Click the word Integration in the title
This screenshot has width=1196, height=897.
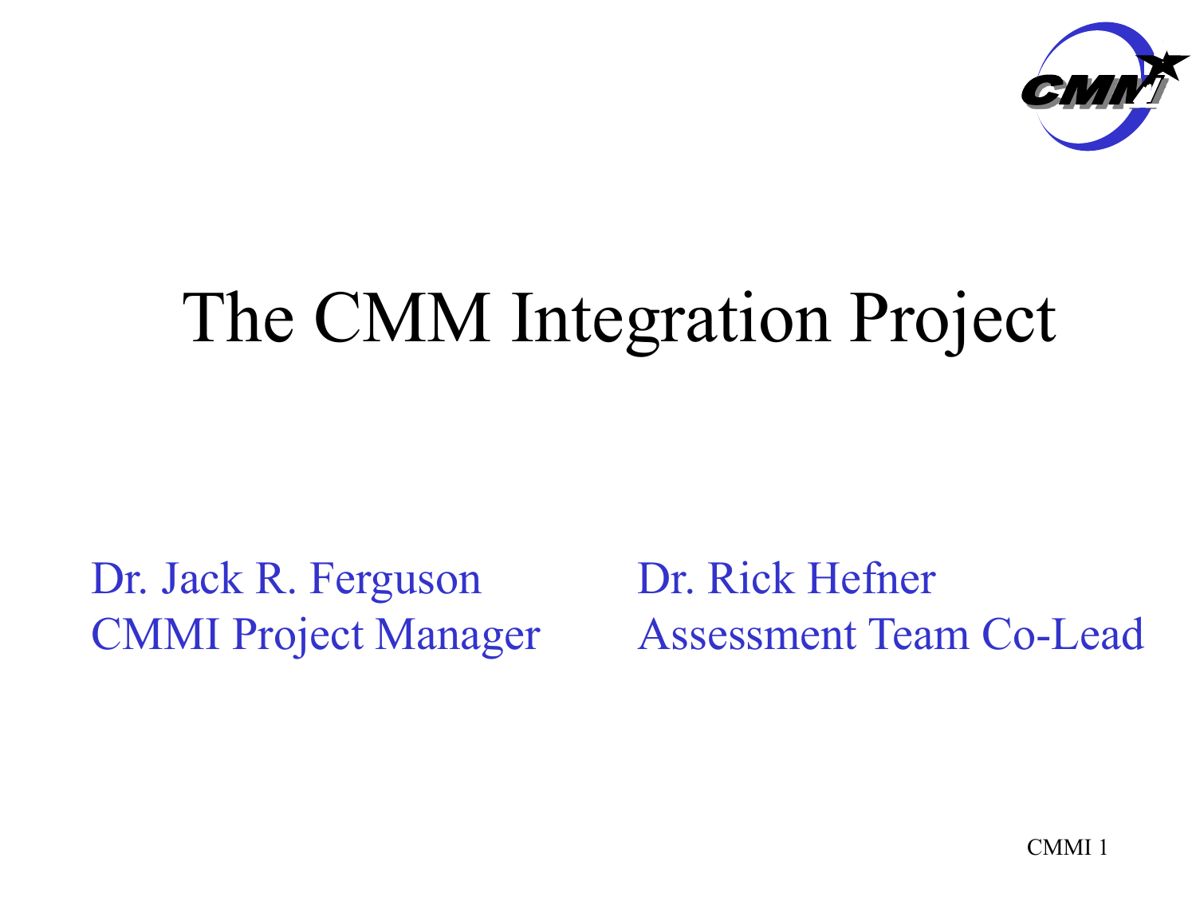tap(671, 321)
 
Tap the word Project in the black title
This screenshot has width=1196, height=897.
tap(953, 321)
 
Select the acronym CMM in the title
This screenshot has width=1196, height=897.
tap(402, 317)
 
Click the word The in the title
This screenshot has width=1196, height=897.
tap(238, 317)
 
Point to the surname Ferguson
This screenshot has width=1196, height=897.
tap(395, 580)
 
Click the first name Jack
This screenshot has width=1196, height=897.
tap(202, 578)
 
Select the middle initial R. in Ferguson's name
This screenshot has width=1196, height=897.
tap(276, 578)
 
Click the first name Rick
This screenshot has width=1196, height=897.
tap(750, 578)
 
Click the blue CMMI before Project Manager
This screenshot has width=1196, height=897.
tap(155, 634)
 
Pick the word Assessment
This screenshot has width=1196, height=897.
tap(747, 634)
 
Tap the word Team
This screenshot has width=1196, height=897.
tap(919, 634)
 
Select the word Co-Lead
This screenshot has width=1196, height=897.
tap(1063, 634)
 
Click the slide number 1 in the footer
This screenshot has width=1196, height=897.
tap(1104, 848)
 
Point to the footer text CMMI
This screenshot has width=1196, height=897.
tap(1059, 848)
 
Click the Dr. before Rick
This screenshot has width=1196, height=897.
tap(666, 578)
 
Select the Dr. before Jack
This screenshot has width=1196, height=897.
tap(120, 578)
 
